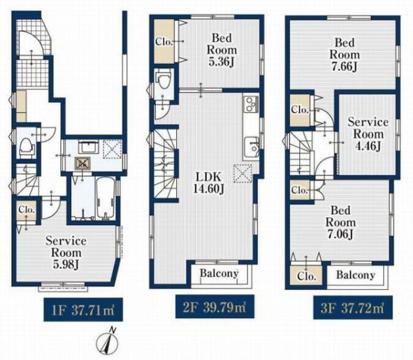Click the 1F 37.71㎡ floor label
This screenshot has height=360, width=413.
(x=83, y=310)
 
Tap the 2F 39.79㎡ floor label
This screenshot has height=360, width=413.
(x=215, y=307)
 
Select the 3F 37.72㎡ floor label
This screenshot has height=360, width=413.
(x=352, y=308)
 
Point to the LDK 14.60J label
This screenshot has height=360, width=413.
(x=209, y=182)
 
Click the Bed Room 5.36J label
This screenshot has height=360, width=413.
(x=222, y=50)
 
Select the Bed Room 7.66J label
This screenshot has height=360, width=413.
(x=345, y=54)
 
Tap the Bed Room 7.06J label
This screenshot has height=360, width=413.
(x=341, y=222)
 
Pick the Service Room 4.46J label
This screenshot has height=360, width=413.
(x=368, y=134)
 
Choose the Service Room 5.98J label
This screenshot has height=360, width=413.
(x=66, y=253)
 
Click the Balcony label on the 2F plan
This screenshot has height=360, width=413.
(x=219, y=273)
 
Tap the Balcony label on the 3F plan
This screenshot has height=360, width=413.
(x=356, y=275)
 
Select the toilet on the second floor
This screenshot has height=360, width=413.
(x=164, y=80)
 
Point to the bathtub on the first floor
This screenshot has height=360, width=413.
(x=105, y=198)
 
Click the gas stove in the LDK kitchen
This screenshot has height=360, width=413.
(x=251, y=103)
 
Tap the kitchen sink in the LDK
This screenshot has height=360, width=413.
(x=251, y=147)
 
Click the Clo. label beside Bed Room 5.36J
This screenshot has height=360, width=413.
(x=164, y=41)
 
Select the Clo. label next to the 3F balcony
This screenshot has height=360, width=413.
(x=306, y=276)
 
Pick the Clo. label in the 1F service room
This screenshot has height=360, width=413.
(x=26, y=210)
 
